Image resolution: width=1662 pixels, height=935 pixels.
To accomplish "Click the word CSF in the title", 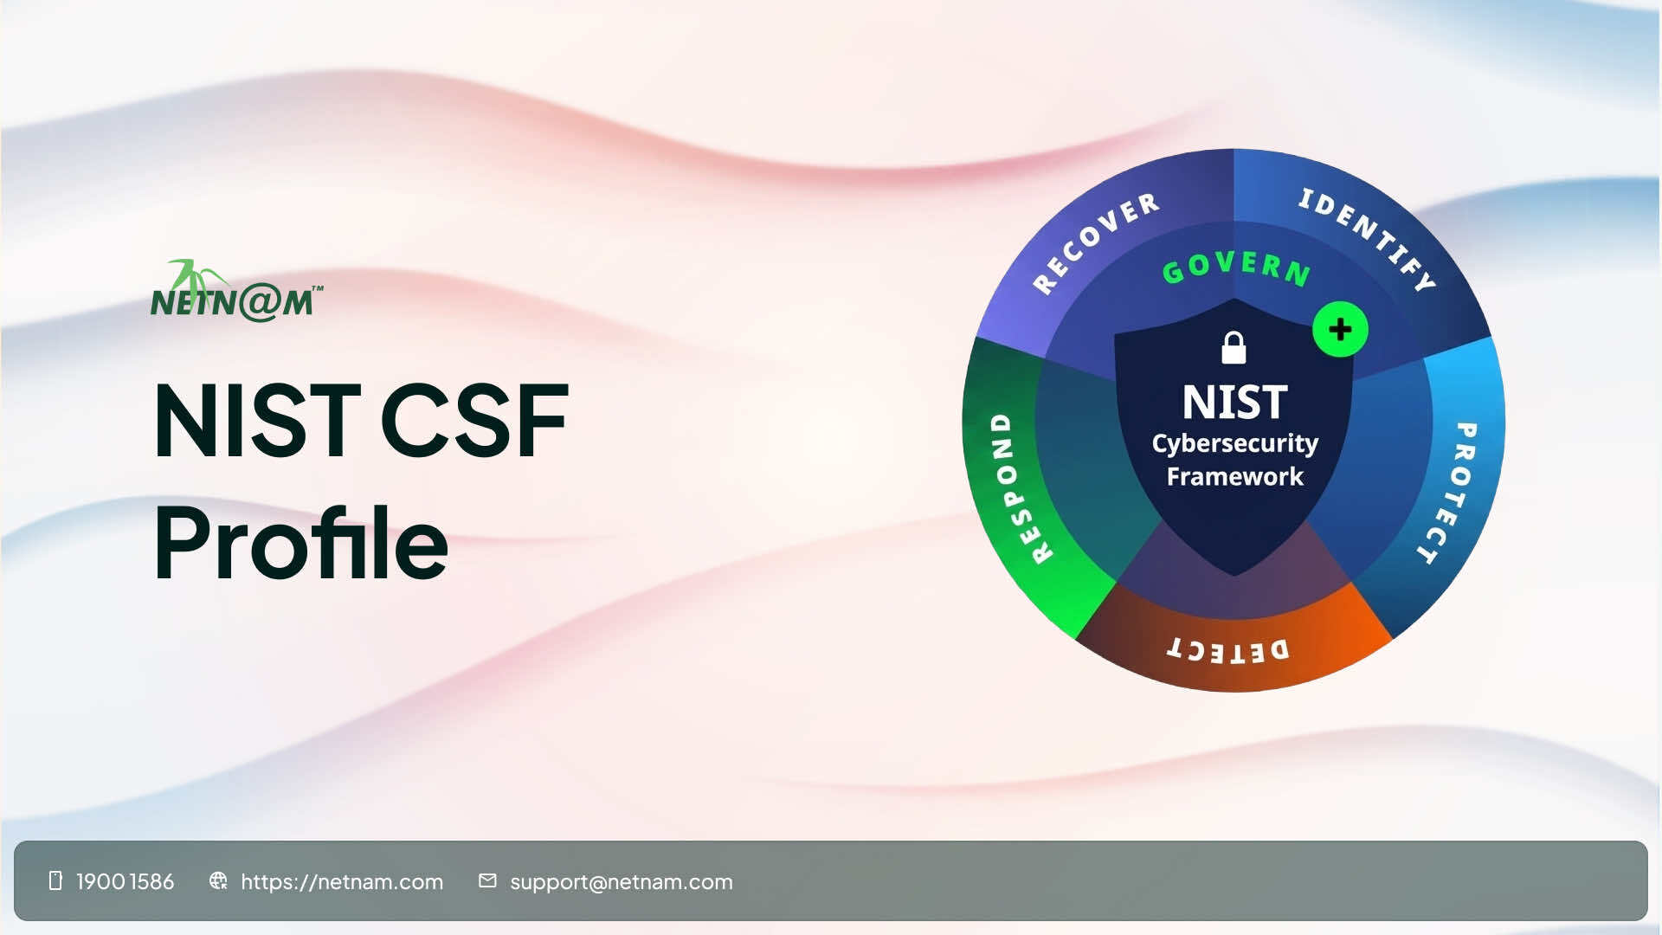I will click(x=473, y=422).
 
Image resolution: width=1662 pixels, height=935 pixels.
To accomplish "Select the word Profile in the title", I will click(x=300, y=544).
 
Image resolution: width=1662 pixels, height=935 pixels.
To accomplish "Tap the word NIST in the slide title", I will click(x=256, y=422).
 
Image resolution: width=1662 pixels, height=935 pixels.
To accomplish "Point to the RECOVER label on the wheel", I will click(x=1096, y=242).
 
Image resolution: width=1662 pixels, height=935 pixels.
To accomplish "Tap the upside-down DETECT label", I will click(x=1228, y=650).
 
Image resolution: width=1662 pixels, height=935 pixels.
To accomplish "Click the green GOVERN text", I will click(x=1236, y=268).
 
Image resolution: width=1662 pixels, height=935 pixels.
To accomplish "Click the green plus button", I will click(x=1340, y=330).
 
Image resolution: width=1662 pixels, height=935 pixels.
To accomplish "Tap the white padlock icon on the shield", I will click(x=1234, y=348).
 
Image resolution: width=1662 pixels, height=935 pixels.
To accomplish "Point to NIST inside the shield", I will click(x=1235, y=403).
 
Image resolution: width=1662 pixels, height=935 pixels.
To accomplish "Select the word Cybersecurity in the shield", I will click(x=1235, y=443).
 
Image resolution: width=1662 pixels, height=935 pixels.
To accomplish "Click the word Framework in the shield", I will click(x=1235, y=477).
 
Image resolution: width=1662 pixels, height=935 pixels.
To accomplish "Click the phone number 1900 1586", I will click(x=126, y=882).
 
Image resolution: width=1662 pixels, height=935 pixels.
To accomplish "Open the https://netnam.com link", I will click(x=342, y=882).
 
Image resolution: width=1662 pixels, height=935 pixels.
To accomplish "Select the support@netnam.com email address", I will click(x=622, y=882).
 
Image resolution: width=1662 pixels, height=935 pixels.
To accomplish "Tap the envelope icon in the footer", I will click(x=487, y=880).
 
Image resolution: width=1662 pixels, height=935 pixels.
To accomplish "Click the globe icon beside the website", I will click(x=218, y=880).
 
